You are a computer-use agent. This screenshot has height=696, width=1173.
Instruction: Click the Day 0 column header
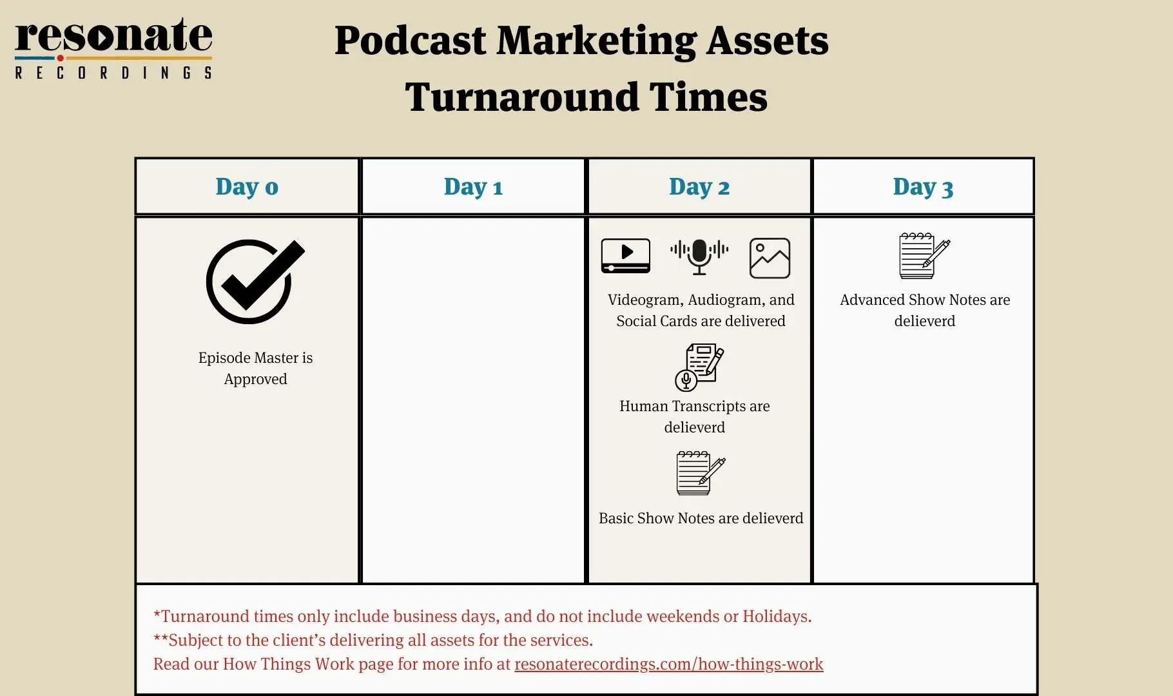pyautogui.click(x=247, y=186)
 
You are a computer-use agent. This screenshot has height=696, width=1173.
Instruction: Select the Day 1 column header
pyautogui.click(x=473, y=186)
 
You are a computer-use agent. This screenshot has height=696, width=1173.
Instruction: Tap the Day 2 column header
pyautogui.click(x=699, y=186)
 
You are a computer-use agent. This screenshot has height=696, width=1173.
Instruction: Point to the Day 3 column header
pyautogui.click(x=923, y=186)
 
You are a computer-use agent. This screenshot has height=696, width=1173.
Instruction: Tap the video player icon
pyautogui.click(x=625, y=256)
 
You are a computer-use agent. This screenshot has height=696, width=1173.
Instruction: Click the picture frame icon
pyautogui.click(x=770, y=258)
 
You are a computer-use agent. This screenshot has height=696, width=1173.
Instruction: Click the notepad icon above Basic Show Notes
pyautogui.click(x=701, y=473)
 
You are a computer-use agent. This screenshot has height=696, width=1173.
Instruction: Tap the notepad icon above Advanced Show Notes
pyautogui.click(x=924, y=256)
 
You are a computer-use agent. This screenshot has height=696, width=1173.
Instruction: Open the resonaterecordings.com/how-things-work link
pyautogui.click(x=668, y=664)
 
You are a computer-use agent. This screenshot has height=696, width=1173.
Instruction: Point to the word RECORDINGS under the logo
pyautogui.click(x=113, y=73)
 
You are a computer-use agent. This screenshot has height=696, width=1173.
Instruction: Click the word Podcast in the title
pyautogui.click(x=410, y=41)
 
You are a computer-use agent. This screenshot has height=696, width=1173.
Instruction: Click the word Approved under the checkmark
pyautogui.click(x=255, y=379)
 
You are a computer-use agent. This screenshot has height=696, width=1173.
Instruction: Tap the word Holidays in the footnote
pyautogui.click(x=777, y=616)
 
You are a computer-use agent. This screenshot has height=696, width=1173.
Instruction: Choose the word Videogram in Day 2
pyautogui.click(x=645, y=300)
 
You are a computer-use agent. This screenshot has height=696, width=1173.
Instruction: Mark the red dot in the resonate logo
pyautogui.click(x=60, y=58)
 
